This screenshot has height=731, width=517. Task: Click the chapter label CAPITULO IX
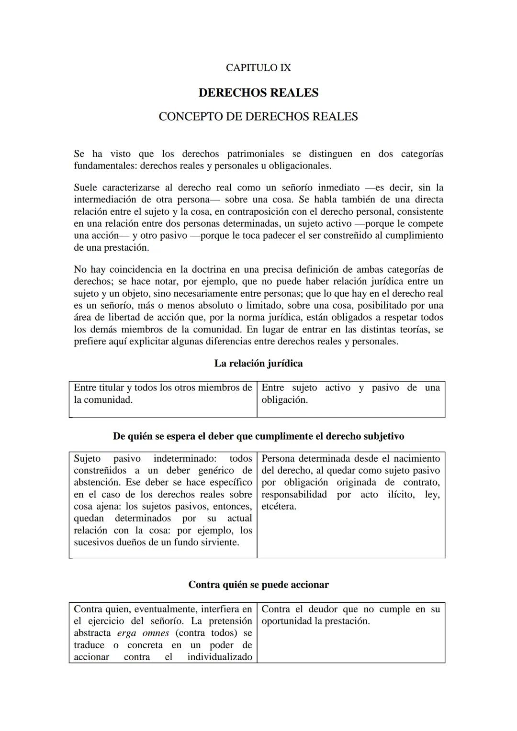click(258, 68)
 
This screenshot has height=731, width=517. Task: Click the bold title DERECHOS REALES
click(258, 93)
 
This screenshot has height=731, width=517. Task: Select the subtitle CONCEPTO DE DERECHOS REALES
click(258, 117)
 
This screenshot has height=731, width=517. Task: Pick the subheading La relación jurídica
click(258, 364)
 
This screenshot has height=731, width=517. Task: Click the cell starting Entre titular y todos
click(163, 394)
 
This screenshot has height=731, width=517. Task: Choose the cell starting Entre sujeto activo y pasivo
click(350, 394)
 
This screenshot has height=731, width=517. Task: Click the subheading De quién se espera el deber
click(258, 436)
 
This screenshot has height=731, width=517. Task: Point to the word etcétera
click(279, 507)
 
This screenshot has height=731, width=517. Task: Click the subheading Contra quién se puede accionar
click(258, 585)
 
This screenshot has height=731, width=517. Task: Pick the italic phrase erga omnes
click(143, 633)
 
